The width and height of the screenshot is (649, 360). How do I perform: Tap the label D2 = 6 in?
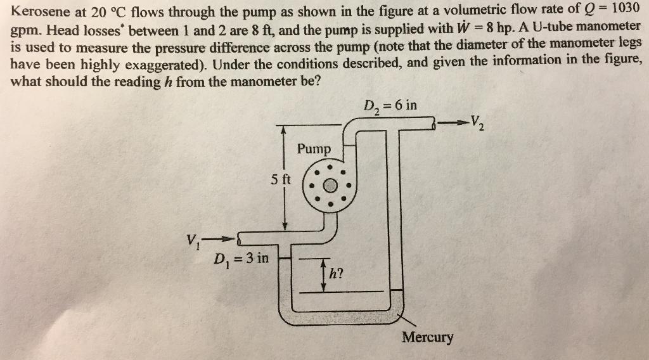(390, 105)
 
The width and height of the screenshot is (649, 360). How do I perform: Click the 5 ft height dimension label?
(280, 179)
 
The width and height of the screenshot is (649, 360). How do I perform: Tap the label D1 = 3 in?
(241, 259)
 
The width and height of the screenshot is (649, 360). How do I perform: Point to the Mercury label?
(428, 337)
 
